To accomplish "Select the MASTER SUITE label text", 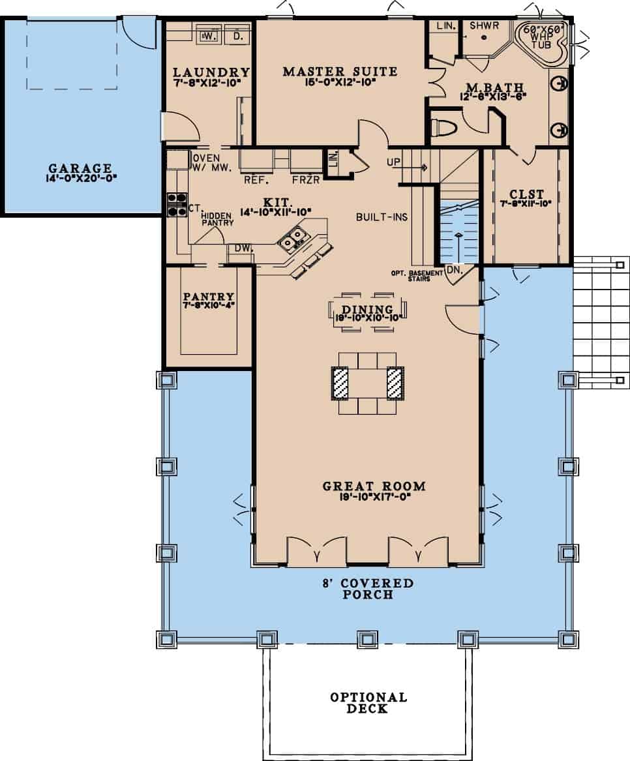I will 340,71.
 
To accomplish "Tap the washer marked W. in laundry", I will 209,36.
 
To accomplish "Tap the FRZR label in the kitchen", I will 305,179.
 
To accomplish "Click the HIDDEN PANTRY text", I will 217,219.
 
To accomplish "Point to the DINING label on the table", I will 367,310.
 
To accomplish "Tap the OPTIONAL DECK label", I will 367,703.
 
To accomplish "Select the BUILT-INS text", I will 382,216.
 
